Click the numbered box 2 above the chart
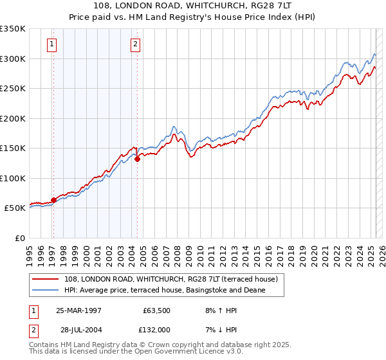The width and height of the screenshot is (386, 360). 136,44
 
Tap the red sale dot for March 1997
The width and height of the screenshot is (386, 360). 53,200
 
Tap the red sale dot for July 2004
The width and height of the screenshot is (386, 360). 138,159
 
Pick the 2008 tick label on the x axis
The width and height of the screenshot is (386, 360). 177,251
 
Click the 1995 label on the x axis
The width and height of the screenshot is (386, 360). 29,251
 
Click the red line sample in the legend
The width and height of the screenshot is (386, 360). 47,279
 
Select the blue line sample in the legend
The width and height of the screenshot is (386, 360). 47,290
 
